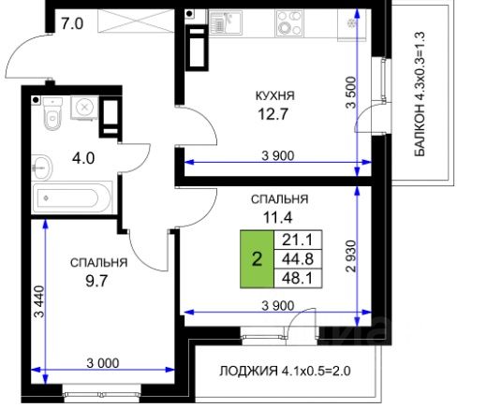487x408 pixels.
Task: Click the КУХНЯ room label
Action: [x=274, y=95]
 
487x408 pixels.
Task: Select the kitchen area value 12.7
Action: [x=273, y=114]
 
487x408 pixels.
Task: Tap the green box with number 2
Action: [x=257, y=259]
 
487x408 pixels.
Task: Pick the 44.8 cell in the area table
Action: [x=298, y=259]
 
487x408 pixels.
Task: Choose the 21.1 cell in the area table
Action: [x=298, y=240]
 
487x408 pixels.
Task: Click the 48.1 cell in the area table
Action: [x=298, y=278]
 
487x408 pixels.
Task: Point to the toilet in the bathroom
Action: [x=52, y=113]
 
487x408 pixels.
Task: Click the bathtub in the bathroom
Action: [x=72, y=198]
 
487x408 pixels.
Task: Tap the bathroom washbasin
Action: [x=42, y=168]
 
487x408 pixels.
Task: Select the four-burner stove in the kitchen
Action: [x=289, y=23]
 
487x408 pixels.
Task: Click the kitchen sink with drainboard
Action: [x=226, y=22]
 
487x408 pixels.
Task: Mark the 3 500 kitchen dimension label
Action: [x=351, y=93]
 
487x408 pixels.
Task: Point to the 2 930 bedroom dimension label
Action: [x=351, y=256]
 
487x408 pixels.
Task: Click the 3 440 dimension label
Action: [x=40, y=301]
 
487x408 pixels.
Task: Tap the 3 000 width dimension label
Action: [x=103, y=363]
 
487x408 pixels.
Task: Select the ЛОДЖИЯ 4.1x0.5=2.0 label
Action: [x=285, y=372]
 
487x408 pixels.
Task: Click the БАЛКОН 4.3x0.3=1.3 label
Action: [x=420, y=94]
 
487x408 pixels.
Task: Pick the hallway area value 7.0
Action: [x=72, y=23]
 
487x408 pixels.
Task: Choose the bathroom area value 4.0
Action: [x=83, y=158]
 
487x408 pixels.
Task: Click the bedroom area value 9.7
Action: [x=96, y=281]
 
